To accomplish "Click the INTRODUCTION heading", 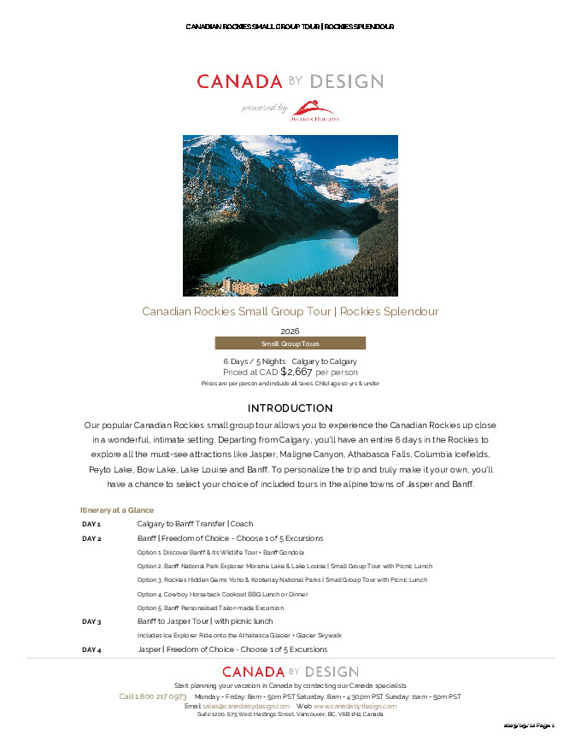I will (290, 408).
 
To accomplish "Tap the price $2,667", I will (296, 372).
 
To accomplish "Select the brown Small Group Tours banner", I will (290, 344).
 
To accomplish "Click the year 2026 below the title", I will (290, 331).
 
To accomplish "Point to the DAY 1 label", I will (91, 524).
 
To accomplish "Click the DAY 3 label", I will (91, 622).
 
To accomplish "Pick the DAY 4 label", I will (91, 650).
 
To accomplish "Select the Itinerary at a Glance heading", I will (117, 510).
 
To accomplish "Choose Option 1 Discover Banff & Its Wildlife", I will (220, 553).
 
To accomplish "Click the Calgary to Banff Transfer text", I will (195, 524).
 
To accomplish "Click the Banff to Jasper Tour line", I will (205, 621).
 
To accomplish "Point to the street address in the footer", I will (290, 714).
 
